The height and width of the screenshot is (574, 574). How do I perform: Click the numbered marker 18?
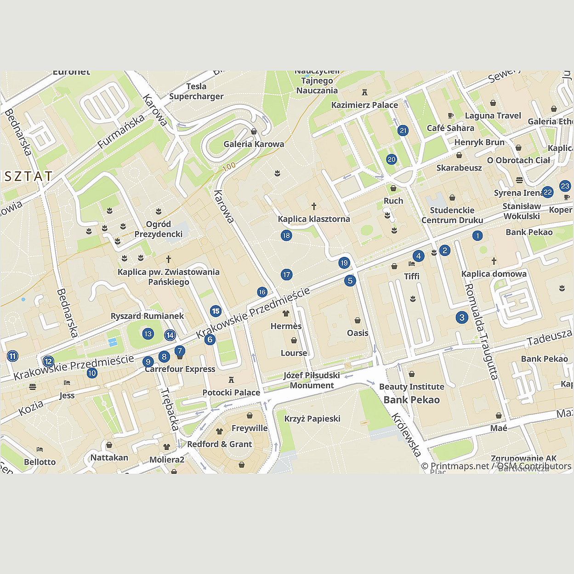(286, 236)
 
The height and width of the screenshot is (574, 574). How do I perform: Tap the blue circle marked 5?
(350, 280)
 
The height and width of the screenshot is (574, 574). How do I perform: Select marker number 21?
(403, 131)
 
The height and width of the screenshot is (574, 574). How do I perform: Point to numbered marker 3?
(462, 317)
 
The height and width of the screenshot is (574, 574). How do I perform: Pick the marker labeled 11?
(12, 356)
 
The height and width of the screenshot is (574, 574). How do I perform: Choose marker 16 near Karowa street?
(262, 292)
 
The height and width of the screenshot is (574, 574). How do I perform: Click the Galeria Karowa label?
(254, 144)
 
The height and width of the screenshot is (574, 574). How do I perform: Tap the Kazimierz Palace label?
(364, 105)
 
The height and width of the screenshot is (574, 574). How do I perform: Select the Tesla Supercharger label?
(196, 91)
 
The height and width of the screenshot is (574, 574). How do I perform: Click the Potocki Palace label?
(231, 392)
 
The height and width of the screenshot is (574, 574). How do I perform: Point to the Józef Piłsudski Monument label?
(312, 380)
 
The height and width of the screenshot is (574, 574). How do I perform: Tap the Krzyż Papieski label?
(312, 419)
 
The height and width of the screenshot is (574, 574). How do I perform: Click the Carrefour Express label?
(180, 369)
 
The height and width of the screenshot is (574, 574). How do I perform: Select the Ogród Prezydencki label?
(159, 229)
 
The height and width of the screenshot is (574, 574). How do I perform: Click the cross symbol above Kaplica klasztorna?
(314, 206)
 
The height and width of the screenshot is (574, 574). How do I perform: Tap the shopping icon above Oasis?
(358, 320)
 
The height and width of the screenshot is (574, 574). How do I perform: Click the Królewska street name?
(406, 435)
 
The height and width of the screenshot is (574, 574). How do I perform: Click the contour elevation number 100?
(229, 166)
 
